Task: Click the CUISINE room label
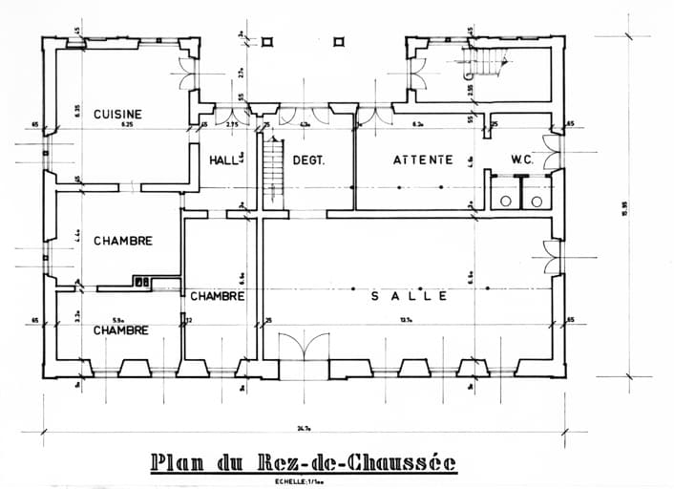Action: [x=117, y=115]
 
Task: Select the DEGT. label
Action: [x=308, y=160]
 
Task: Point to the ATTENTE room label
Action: [x=423, y=159]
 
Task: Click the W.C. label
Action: [x=521, y=159]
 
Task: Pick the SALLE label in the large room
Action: [x=409, y=297]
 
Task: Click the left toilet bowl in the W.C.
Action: [x=503, y=202]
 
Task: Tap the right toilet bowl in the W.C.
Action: [x=537, y=202]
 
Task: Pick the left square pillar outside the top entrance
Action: [x=267, y=41]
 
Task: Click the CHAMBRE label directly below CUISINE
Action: [x=122, y=241]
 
